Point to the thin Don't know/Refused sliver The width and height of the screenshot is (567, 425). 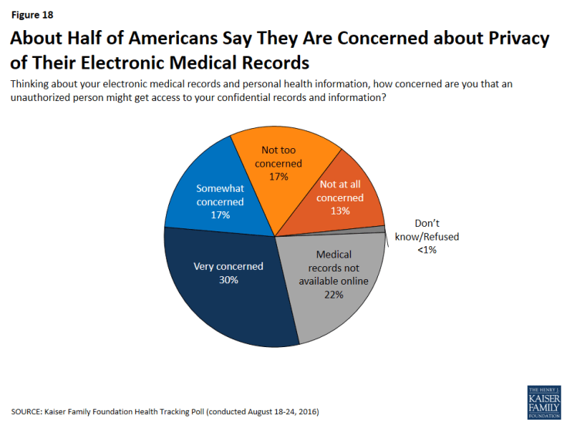coord(381,229)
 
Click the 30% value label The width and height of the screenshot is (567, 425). coord(228,280)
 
